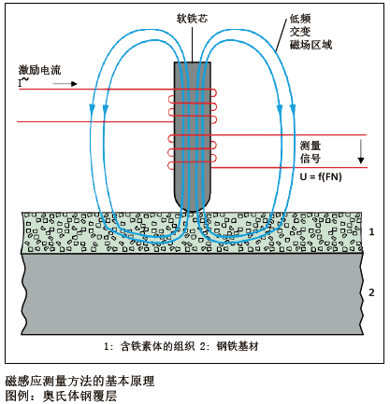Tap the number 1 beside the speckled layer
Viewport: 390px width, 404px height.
(371, 230)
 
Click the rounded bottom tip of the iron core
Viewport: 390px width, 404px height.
(193, 206)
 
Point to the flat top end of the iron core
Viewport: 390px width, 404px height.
(193, 63)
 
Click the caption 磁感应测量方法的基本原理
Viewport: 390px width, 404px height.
(79, 381)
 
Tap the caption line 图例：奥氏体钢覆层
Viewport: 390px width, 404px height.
(61, 395)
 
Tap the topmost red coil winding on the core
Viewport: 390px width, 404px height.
(193, 91)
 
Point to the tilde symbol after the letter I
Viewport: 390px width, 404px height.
(26, 81)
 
